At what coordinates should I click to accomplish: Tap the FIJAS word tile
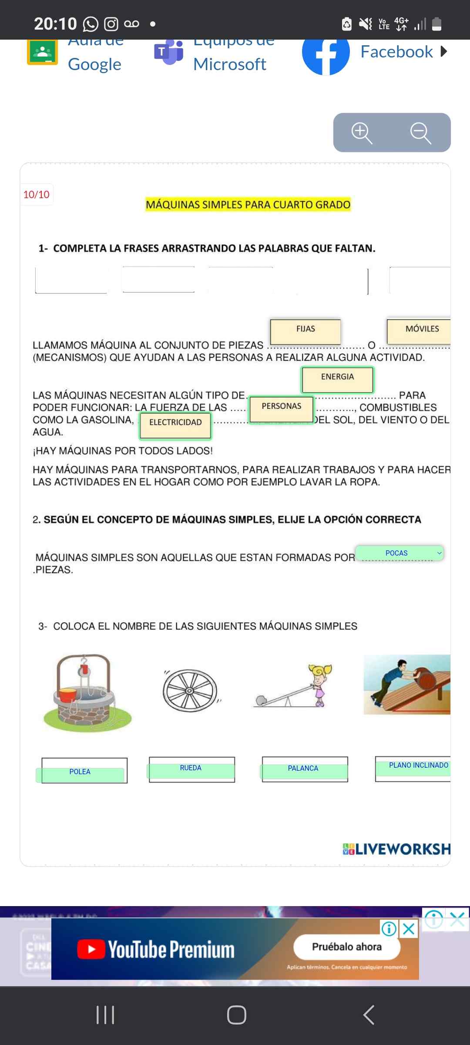pos(305,331)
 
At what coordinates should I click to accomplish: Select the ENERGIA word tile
pos(337,379)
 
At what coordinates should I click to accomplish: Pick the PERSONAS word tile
pos(281,409)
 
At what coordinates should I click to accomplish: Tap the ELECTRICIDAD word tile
pos(175,425)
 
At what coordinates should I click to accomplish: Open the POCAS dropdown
pos(399,553)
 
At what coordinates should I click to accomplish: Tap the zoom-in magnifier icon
pos(362,133)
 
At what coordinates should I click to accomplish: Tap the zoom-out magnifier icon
pos(421,133)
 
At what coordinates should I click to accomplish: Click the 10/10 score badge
pos(37,195)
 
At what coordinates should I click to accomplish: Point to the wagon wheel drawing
pos(190,691)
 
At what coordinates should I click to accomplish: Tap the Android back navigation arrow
pos(369,1015)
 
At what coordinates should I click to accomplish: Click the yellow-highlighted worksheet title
pos(248,205)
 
